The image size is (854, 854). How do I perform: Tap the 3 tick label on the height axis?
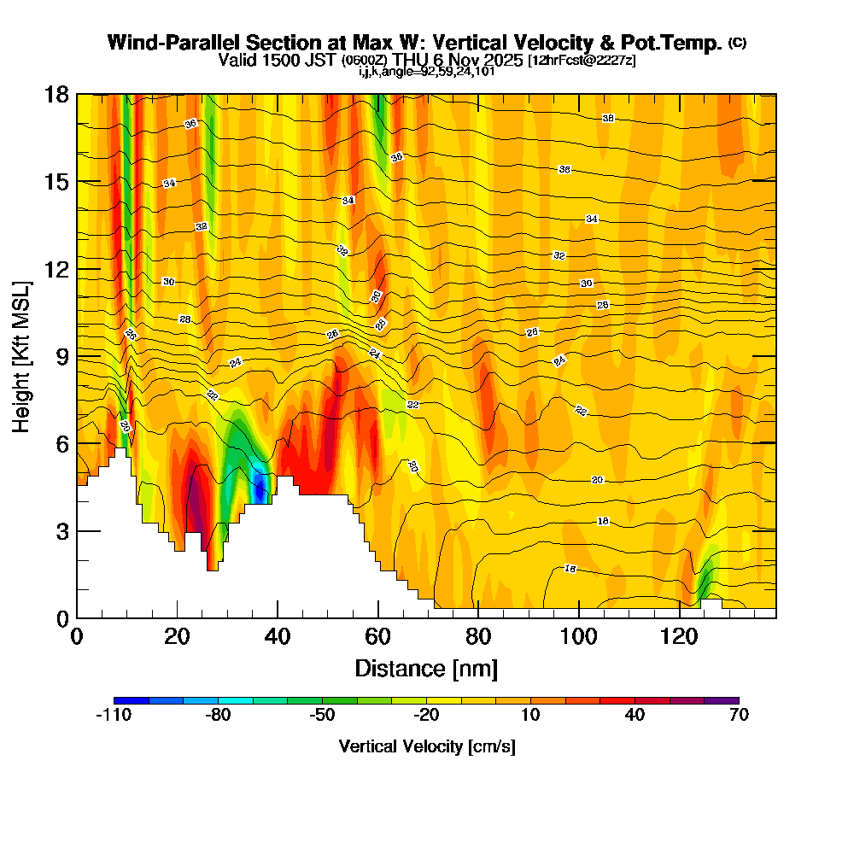click(x=61, y=530)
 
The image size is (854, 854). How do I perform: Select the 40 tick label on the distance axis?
click(x=277, y=636)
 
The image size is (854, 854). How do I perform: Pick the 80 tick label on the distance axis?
click(x=478, y=636)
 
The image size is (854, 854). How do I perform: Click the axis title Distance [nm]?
click(x=426, y=667)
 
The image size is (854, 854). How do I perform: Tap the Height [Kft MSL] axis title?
click(x=21, y=355)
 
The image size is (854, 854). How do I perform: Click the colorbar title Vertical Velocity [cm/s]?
click(x=426, y=746)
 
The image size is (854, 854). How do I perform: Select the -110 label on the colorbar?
click(x=113, y=716)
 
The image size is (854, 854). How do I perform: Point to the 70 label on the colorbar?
click(x=740, y=716)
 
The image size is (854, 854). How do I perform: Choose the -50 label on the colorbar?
click(x=322, y=716)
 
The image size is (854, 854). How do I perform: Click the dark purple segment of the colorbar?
click(x=722, y=700)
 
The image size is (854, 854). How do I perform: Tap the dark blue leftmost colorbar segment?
click(x=131, y=700)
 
